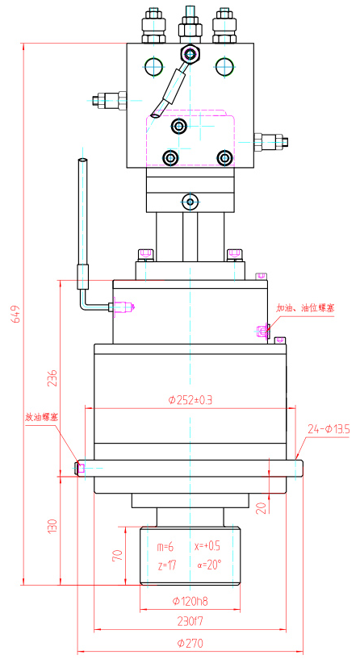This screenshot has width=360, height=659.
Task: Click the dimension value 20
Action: click(261, 507)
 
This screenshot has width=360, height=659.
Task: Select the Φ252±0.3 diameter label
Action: click(190, 399)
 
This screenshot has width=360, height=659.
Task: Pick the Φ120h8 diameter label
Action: click(190, 601)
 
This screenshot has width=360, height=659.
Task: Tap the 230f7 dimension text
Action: click(190, 621)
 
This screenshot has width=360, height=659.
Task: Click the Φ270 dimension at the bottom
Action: click(190, 643)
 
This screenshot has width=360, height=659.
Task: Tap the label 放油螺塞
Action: click(42, 418)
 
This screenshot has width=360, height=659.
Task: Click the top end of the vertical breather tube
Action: click(82, 163)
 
